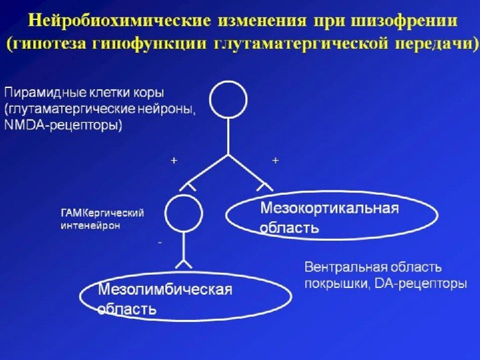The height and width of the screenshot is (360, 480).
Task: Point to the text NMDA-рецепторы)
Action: click(x=63, y=125)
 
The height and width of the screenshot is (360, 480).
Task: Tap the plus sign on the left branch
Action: click(x=174, y=161)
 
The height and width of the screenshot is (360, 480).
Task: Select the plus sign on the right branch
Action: click(x=275, y=161)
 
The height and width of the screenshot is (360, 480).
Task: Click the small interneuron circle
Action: click(x=183, y=213)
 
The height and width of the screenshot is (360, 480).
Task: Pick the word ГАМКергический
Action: click(x=103, y=213)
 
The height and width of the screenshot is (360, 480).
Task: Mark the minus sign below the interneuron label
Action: click(x=159, y=243)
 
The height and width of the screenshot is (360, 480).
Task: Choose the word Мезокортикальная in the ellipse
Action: click(x=329, y=208)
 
